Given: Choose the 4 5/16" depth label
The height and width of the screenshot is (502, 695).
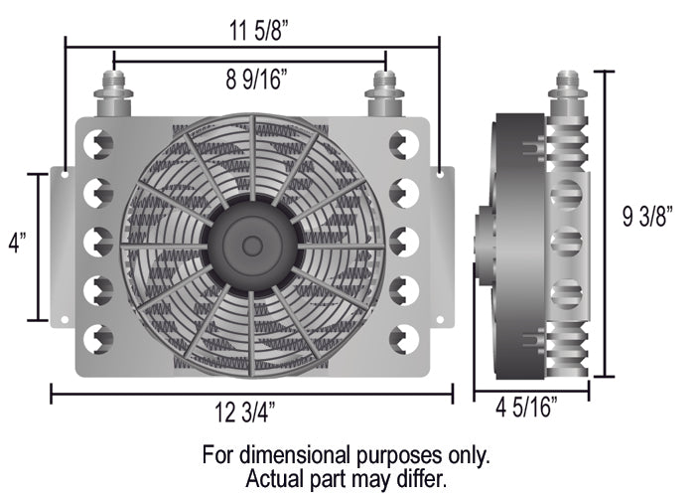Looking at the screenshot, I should [527, 407].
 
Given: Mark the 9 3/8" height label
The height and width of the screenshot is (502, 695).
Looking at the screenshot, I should [647, 217].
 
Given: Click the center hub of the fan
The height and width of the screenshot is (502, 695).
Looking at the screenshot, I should [251, 244].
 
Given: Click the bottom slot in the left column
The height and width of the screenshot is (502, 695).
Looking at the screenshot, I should [99, 339].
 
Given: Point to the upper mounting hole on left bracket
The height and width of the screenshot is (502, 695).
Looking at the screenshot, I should [65, 174].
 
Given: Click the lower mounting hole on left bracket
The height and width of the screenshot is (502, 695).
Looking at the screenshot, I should [65, 320].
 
